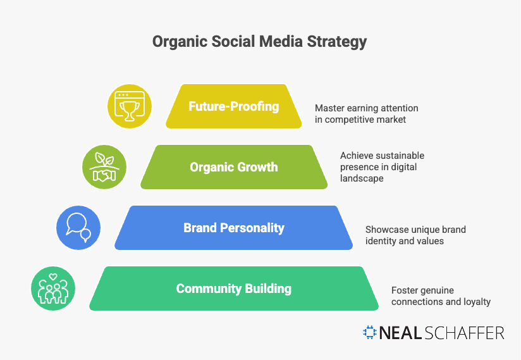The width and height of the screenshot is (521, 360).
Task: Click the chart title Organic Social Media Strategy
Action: pyautogui.click(x=259, y=42)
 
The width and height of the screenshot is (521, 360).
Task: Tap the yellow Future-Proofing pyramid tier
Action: pyautogui.click(x=233, y=106)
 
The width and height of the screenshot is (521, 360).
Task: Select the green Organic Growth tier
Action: pyautogui.click(x=233, y=167)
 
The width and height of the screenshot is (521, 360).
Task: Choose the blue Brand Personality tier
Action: pyautogui.click(x=233, y=228)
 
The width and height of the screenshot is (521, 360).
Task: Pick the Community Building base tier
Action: pyautogui.click(x=233, y=289)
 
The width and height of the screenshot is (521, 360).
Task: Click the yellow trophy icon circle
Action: pyautogui.click(x=129, y=106)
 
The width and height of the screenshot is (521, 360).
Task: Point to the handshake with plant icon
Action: pyautogui.click(x=104, y=167)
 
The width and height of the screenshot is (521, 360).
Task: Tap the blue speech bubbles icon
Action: pyautogui.click(x=78, y=228)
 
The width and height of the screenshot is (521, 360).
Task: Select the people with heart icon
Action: pyautogui.click(x=53, y=289)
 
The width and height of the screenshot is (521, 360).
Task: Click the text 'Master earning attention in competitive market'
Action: pyautogui.click(x=366, y=114)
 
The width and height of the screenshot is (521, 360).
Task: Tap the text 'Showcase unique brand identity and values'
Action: pyautogui.click(x=415, y=235)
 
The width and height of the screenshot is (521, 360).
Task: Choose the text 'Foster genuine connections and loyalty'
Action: pyautogui.click(x=441, y=296)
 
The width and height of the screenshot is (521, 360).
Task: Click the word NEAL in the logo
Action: pyautogui.click(x=401, y=333)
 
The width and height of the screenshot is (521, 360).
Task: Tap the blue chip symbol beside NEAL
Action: pyautogui.click(x=370, y=333)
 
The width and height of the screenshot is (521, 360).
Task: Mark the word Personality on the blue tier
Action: pyautogui.click(x=252, y=228)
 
